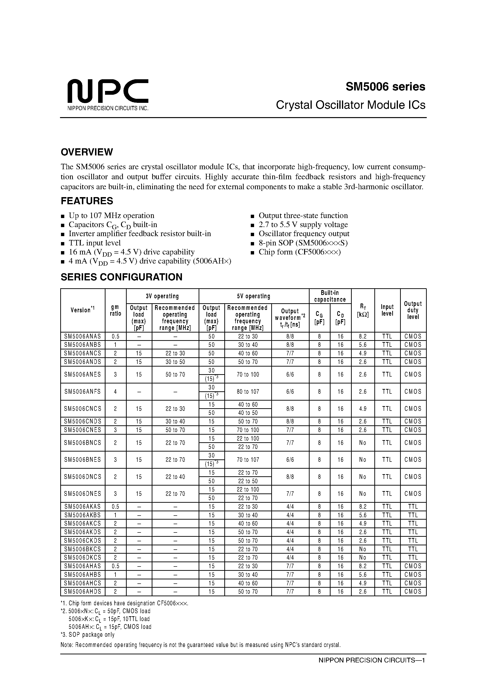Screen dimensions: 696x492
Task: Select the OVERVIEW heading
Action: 87,152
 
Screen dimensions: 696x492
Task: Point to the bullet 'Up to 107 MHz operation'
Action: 111,215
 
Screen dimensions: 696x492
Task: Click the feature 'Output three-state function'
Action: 303,215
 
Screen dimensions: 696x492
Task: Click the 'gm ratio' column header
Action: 115,310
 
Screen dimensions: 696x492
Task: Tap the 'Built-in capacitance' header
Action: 330,296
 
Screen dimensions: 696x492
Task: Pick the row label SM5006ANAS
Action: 82,336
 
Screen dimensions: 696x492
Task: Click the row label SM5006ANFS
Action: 82,391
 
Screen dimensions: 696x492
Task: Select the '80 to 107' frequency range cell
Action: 248,391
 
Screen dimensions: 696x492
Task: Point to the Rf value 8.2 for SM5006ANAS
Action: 362,336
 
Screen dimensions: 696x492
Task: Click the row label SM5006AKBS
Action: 82,515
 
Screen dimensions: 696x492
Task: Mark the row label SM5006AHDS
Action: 82,592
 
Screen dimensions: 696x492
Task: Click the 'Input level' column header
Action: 387,310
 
